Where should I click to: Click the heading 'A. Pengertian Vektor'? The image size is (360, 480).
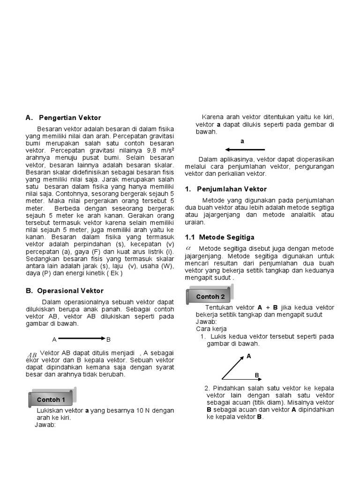pyautogui.click(x=63, y=118)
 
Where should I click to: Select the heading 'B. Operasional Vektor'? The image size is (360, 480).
pyautogui.click(x=65, y=291)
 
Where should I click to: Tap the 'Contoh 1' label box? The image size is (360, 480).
pyautogui.click(x=54, y=399)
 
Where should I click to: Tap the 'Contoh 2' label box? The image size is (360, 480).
pyautogui.click(x=210, y=296)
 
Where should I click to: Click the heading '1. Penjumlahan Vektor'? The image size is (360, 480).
pyautogui.click(x=226, y=189)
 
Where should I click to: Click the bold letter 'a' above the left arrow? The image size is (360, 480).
pyautogui.click(x=242, y=141)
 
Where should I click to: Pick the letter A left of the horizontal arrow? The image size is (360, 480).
pyautogui.click(x=54, y=339)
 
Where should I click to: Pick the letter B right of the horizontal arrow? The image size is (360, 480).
pyautogui.click(x=109, y=339)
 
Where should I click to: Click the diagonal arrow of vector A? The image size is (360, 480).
pyautogui.click(x=233, y=367)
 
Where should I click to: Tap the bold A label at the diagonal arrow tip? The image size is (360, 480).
pyautogui.click(x=249, y=356)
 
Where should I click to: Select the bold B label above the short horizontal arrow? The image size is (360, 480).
pyautogui.click(x=257, y=375)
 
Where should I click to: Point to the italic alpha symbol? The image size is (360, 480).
pyautogui.click(x=188, y=247)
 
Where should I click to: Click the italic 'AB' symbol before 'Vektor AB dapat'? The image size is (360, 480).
pyautogui.click(x=32, y=355)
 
